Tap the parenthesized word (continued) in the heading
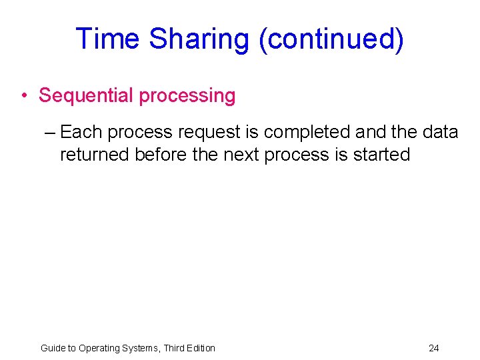331,39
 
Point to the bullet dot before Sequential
24,96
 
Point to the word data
440,132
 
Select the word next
242,155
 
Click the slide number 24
434,348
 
